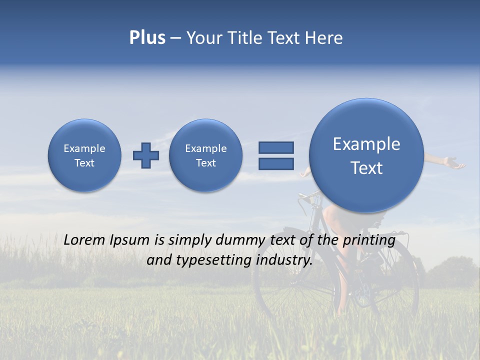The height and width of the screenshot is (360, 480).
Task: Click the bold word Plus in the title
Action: (x=147, y=38)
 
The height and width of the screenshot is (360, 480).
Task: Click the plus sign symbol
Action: (x=145, y=155)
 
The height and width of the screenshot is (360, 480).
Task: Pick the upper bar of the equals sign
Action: (x=276, y=148)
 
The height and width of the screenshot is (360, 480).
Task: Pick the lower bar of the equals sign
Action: (x=276, y=164)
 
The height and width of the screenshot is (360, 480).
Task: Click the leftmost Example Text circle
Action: (x=84, y=155)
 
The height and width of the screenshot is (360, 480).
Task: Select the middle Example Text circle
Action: (x=205, y=155)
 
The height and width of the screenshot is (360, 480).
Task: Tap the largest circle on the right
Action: (x=366, y=155)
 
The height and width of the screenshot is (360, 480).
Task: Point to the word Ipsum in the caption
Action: (x=130, y=240)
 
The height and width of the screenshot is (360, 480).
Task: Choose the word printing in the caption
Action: (x=369, y=240)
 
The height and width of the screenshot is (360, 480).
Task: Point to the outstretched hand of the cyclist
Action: (x=453, y=163)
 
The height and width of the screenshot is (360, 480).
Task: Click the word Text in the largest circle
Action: (x=366, y=168)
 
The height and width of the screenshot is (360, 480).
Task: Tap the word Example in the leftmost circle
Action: (x=84, y=148)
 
